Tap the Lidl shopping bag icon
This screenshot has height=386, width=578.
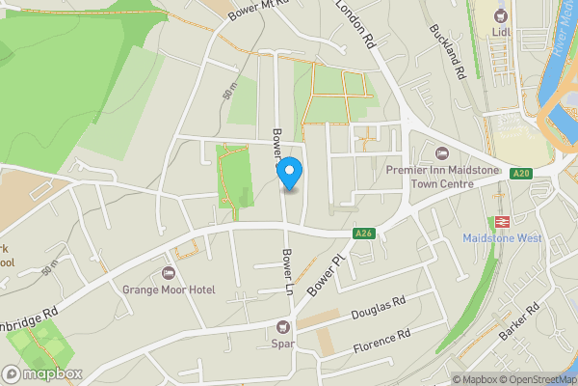[x=499, y=15]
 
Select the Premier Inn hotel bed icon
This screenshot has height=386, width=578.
[x=442, y=153]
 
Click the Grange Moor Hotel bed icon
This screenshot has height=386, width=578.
[x=171, y=273]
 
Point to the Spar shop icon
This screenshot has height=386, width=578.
[x=283, y=326]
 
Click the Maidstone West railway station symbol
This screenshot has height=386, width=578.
[x=501, y=221]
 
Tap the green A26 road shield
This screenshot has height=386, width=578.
[x=363, y=233]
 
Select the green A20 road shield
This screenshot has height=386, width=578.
[x=521, y=173]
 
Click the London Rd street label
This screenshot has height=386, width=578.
[x=355, y=24]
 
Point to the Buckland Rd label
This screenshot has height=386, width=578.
[x=449, y=52]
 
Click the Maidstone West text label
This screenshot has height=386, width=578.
[x=502, y=238]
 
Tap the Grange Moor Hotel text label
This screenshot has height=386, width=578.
[x=170, y=289]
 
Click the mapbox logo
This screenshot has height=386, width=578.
[x=42, y=373]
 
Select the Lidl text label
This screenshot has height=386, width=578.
[x=499, y=33]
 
